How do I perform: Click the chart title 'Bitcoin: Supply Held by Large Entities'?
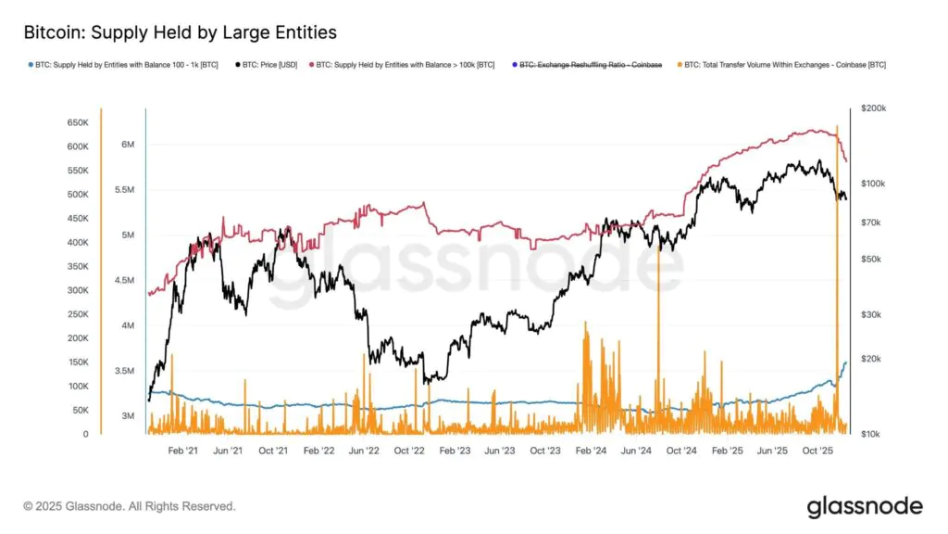(x=180, y=32)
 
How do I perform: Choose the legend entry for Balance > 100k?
(x=405, y=65)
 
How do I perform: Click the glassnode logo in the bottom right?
(x=865, y=506)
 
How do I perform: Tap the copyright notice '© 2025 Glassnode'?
(x=130, y=506)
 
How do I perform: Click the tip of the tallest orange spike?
(x=837, y=125)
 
